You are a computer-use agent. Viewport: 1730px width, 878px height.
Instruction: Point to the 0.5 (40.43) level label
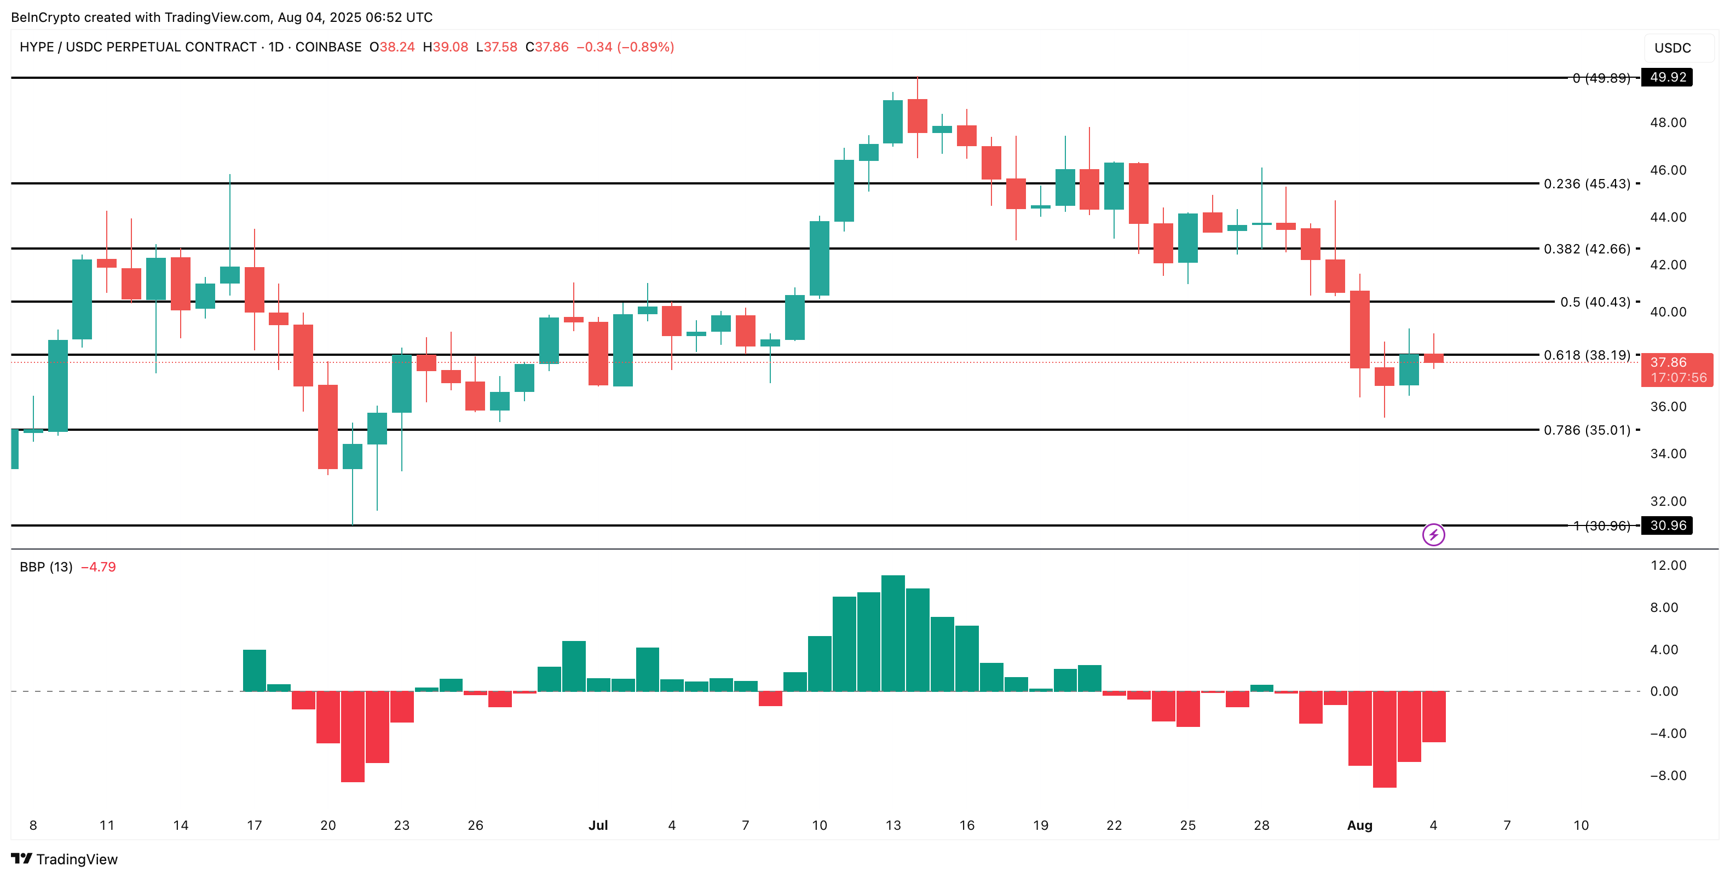coord(1595,302)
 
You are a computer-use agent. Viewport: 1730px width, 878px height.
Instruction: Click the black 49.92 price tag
coord(1667,77)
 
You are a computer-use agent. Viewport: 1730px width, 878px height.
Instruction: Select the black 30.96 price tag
coord(1667,525)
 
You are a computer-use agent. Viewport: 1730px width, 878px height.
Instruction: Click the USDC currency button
coord(1673,48)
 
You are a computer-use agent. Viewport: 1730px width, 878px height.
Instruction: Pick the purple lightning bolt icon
coord(1434,535)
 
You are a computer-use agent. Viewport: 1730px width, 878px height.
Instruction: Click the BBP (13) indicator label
coord(45,567)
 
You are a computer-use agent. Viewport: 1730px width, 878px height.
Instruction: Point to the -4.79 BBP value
coord(98,567)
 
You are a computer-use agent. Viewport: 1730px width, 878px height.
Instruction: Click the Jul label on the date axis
coord(598,825)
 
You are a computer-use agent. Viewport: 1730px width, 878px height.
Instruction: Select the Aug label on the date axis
coord(1359,825)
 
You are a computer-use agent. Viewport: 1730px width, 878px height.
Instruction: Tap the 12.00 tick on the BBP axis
coord(1668,566)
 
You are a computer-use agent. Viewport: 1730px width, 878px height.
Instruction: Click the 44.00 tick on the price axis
coord(1668,217)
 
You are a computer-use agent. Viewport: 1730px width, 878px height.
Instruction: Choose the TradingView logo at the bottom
coord(65,859)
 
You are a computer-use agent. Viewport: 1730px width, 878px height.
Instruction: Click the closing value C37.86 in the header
coord(547,47)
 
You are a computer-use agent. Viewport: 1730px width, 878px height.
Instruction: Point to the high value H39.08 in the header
coord(445,47)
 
